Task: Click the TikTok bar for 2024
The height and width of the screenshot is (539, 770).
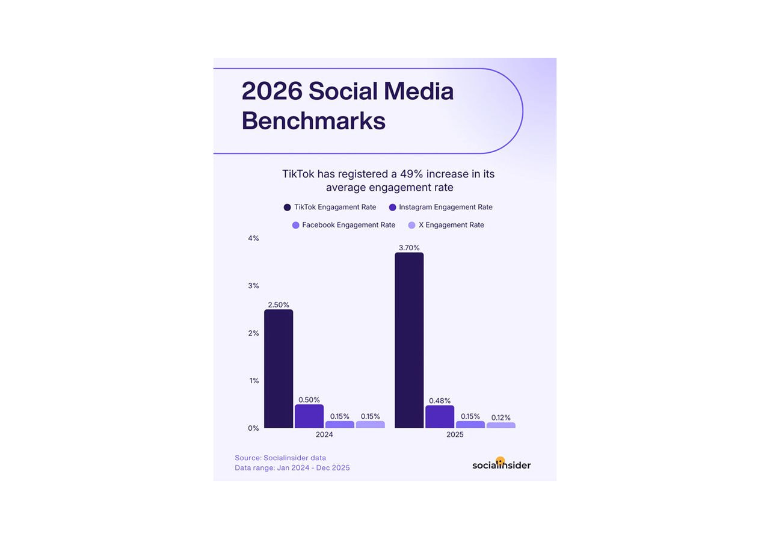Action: point(279,369)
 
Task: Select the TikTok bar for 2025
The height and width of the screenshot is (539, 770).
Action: point(409,340)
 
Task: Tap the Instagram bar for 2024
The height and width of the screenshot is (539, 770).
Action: point(309,416)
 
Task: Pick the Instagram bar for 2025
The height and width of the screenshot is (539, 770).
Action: point(440,417)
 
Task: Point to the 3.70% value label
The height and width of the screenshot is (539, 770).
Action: point(409,248)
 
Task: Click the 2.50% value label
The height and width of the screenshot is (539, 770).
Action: point(279,305)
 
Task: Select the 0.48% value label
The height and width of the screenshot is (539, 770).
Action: point(440,401)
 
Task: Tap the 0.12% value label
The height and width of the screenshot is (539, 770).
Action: point(500,417)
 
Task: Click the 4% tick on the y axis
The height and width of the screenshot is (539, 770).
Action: point(253,238)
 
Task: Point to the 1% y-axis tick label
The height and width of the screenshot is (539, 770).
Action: point(253,381)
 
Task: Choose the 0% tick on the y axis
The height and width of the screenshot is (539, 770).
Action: point(253,428)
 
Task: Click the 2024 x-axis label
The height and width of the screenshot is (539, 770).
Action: point(324,435)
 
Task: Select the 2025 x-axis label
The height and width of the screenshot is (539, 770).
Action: point(455,435)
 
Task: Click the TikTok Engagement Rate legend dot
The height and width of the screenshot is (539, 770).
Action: point(287,208)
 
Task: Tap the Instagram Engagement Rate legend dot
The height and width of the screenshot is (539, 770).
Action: point(393,208)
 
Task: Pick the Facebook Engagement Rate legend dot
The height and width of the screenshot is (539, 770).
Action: point(295,225)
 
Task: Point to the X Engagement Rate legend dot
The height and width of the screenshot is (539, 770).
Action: point(412,225)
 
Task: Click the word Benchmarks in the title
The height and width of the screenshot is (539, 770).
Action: point(313,121)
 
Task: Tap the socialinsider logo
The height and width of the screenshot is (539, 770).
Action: point(501,464)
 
